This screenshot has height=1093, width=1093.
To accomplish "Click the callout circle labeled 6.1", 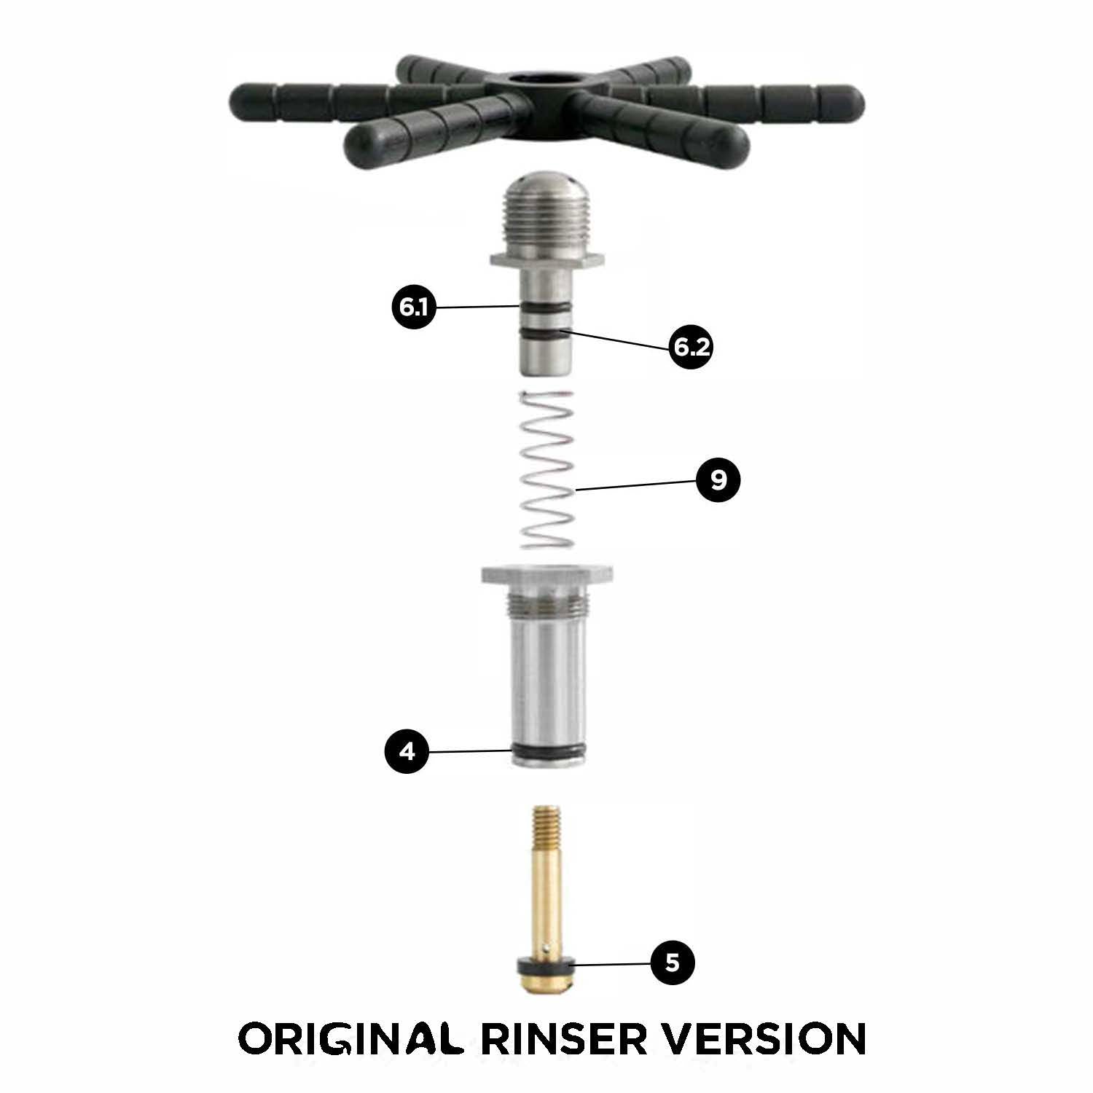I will pyautogui.click(x=413, y=307).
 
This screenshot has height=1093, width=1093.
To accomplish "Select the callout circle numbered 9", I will pyautogui.click(x=718, y=480).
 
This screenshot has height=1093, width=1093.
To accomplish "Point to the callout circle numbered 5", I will pyautogui.click(x=672, y=963).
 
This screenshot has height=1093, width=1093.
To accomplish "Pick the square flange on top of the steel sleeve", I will pyautogui.click(x=546, y=575).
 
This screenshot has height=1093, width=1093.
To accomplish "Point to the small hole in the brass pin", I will pyautogui.click(x=547, y=948).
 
